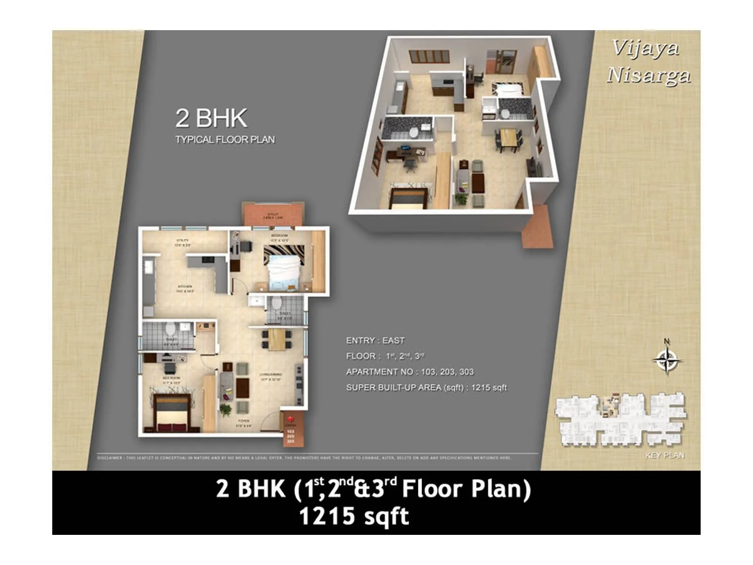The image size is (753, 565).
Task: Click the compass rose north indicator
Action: click(667, 360)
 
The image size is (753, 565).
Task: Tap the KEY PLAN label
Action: click(665, 455)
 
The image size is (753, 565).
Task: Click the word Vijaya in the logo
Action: click(645, 48)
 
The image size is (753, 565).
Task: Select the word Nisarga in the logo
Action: click(649, 75)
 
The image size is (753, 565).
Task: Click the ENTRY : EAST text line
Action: click(375, 340)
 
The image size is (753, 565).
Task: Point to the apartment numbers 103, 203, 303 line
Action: click(409, 372)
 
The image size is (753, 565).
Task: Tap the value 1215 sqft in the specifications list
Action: click(489, 387)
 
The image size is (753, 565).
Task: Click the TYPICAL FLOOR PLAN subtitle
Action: click(225, 140)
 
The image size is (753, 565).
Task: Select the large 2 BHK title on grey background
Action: click(211, 118)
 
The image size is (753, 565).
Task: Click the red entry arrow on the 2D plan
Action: click(290, 419)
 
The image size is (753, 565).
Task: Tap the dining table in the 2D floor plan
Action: click(277, 339)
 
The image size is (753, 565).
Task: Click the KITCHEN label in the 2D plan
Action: click(184, 287)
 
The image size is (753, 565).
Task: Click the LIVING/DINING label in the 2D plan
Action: click(271, 375)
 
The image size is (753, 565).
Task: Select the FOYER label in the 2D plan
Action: click(243, 421)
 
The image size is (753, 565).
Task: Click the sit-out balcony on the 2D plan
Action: click(273, 215)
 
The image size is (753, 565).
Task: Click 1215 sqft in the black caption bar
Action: click(354, 517)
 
